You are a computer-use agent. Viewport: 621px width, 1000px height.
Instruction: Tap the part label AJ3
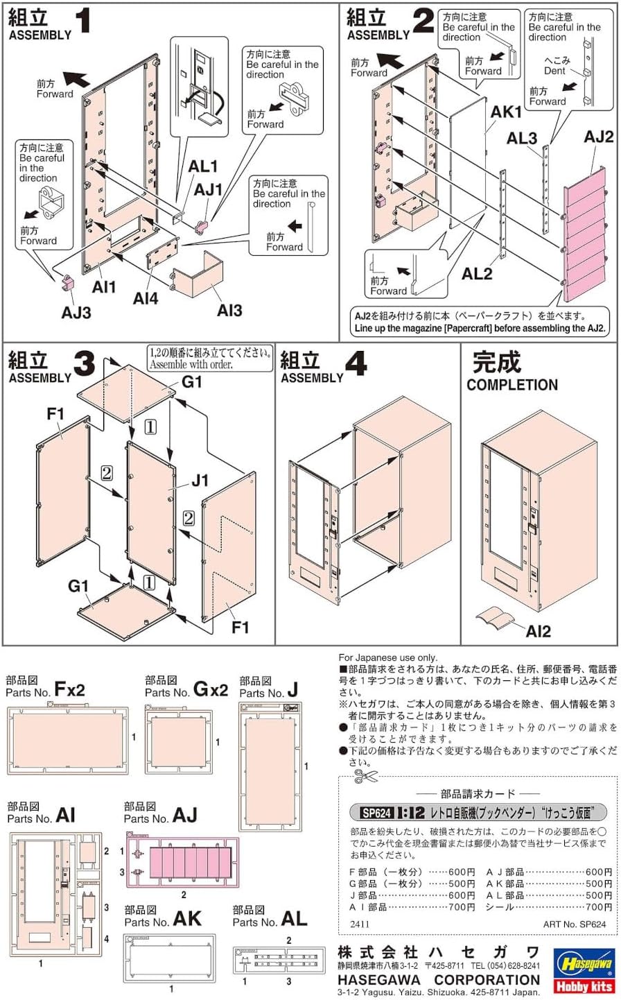(76, 313)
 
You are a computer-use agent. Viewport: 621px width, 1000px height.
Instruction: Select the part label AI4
(146, 299)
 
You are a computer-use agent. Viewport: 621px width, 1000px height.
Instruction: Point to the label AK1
(506, 112)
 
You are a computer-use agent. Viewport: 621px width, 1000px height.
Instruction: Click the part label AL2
(477, 274)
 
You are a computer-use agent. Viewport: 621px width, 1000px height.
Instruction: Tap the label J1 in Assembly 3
(200, 480)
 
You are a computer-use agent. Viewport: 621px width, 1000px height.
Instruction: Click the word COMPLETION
(511, 385)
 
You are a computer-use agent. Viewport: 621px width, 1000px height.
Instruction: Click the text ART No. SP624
(575, 924)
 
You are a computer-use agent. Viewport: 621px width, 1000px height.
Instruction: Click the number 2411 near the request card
(360, 924)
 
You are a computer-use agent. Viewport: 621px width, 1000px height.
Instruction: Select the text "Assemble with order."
(191, 365)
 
